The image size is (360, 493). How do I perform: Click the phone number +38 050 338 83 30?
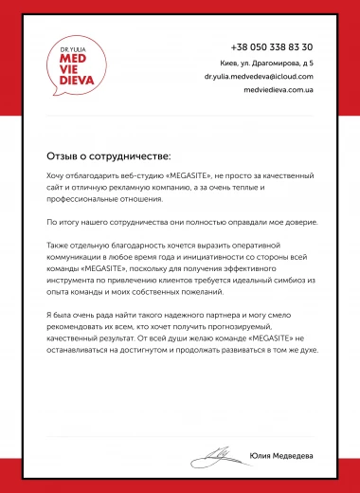point(272,46)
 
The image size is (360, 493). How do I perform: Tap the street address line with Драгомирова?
point(273,63)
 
